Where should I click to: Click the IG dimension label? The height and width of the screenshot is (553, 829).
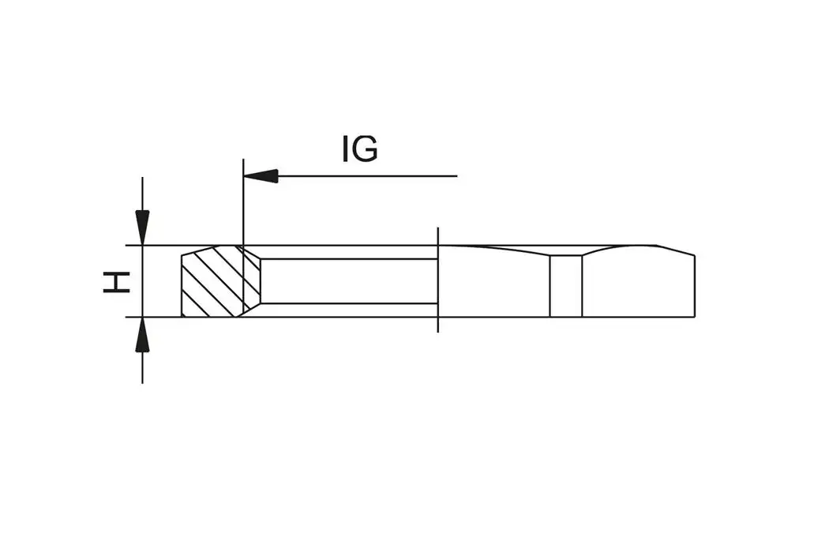(x=359, y=149)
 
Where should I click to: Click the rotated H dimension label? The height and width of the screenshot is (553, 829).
(x=117, y=281)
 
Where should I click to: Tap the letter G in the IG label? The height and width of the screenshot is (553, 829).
(x=366, y=149)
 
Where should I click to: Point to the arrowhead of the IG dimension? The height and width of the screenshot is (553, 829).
(x=261, y=175)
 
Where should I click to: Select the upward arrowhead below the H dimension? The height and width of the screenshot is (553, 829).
(x=142, y=335)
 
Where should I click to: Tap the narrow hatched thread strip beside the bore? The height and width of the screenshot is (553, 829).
(x=252, y=281)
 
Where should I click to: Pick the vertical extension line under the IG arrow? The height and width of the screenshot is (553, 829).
(x=243, y=205)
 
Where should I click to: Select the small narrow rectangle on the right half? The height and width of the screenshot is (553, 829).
(x=565, y=285)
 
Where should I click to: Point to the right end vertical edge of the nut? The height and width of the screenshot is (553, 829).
(x=694, y=286)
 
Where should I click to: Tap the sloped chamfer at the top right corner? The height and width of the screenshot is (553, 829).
(x=676, y=250)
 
